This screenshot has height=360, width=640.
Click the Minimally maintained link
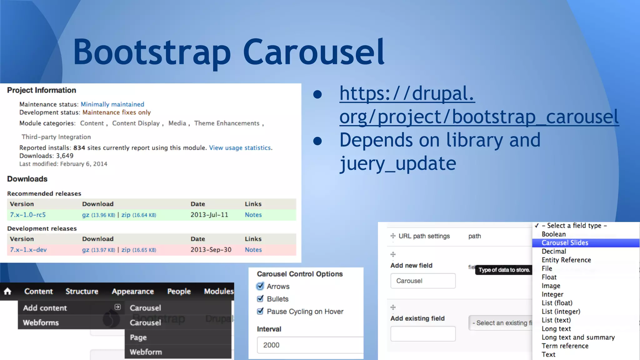pyautogui.click(x=112, y=104)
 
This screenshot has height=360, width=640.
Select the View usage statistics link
pyautogui.click(x=240, y=148)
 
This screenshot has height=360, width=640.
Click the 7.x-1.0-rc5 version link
pyautogui.click(x=28, y=215)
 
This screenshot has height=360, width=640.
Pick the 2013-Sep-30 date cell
pyautogui.click(x=211, y=250)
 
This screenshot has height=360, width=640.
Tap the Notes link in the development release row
pyautogui.click(x=253, y=250)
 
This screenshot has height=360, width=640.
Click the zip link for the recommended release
pyautogui.click(x=126, y=215)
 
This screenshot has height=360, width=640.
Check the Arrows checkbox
pyautogui.click(x=260, y=286)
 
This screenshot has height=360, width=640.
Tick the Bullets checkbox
pyautogui.click(x=260, y=299)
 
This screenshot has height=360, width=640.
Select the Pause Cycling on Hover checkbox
pyautogui.click(x=260, y=312)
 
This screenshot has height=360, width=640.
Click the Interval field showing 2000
pyautogui.click(x=309, y=345)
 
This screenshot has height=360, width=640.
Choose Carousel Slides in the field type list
pyautogui.click(x=565, y=243)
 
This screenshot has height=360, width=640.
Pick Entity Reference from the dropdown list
pyautogui.click(x=566, y=260)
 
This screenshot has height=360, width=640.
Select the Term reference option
pyautogui.click(x=565, y=346)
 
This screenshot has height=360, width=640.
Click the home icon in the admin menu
pyautogui.click(x=7, y=292)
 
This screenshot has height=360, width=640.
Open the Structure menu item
pyautogui.click(x=82, y=292)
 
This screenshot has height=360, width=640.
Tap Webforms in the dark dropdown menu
pyautogui.click(x=41, y=322)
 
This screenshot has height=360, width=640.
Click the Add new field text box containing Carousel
pyautogui.click(x=423, y=281)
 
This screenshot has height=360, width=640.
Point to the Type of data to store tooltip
pyautogui.click(x=504, y=270)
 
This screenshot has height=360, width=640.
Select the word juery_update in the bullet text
pyautogui.click(x=398, y=163)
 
